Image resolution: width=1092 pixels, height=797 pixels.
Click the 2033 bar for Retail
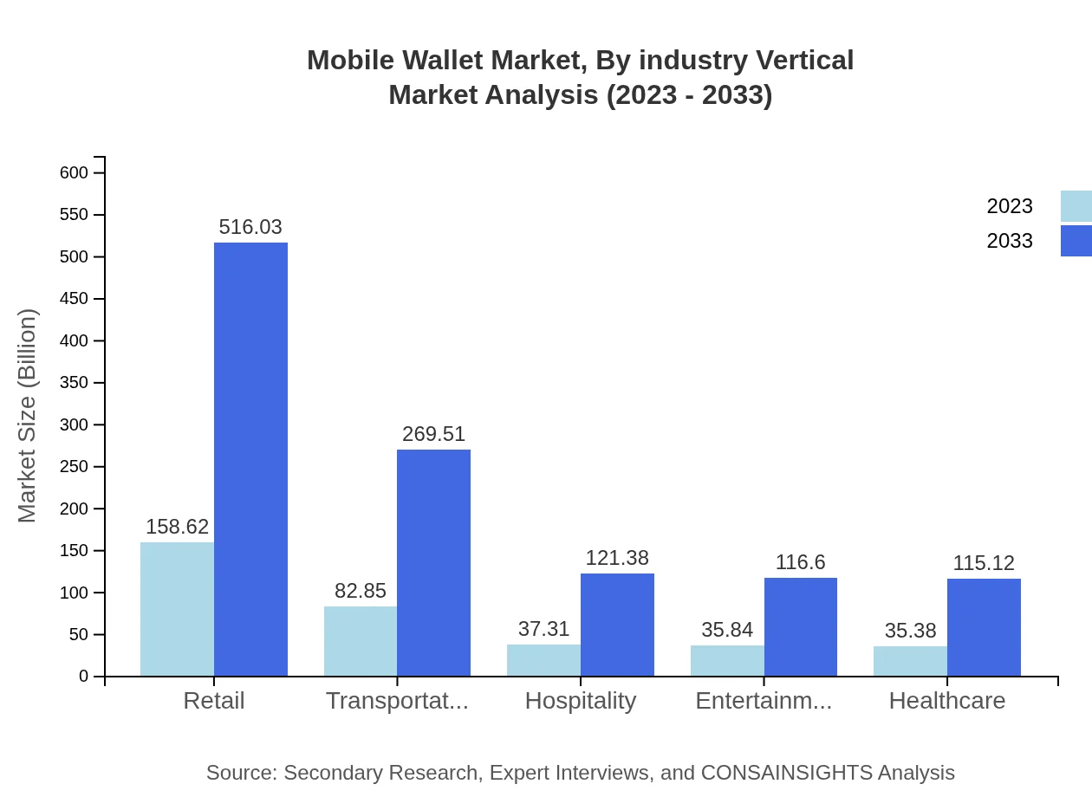coord(250,459)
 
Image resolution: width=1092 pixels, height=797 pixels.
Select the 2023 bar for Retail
coord(177,609)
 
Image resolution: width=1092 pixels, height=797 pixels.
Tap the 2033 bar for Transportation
coord(433,562)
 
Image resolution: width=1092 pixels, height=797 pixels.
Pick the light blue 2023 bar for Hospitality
coord(543,660)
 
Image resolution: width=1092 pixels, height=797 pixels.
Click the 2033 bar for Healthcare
coord(984,627)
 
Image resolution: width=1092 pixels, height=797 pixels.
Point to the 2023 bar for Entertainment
coord(727,660)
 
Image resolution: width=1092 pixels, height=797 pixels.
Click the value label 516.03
coord(250,227)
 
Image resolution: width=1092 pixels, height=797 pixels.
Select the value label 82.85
coord(361,591)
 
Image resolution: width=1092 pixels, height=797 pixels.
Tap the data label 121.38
coord(617,558)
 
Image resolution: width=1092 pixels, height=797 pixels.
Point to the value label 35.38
coord(910,631)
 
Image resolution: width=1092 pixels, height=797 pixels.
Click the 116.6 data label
coord(800,562)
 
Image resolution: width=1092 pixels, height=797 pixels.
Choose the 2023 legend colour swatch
coord(1076,206)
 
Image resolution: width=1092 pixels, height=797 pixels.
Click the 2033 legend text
coord(1010,241)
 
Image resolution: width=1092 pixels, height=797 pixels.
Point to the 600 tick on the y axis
coord(75,173)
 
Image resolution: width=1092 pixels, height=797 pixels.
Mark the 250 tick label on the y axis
coord(75,467)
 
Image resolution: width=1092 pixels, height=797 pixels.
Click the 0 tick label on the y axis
coord(84,677)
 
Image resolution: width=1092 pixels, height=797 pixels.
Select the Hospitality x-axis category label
coord(581,700)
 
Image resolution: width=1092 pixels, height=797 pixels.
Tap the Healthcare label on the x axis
coord(947,700)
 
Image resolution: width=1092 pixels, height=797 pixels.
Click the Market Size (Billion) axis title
coord(28,416)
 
